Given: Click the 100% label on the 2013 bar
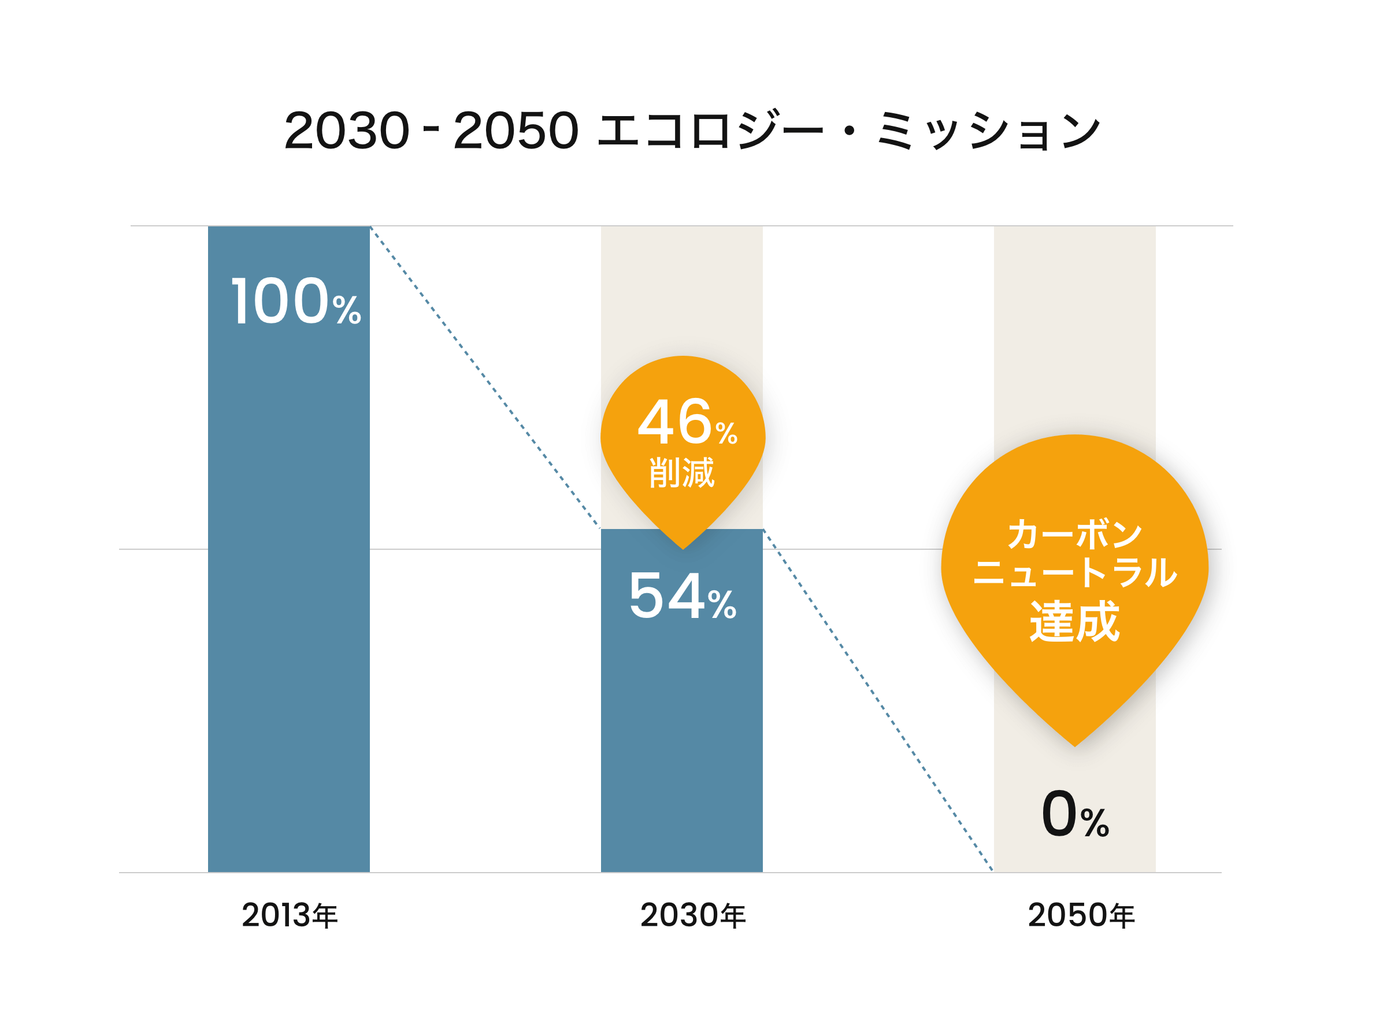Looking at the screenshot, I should click(x=296, y=302).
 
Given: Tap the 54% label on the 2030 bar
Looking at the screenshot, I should click(x=683, y=597).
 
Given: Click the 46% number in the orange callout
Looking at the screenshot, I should click(x=687, y=423).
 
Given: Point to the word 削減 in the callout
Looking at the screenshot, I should click(x=683, y=473).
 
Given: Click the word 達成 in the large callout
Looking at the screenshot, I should click(x=1075, y=621).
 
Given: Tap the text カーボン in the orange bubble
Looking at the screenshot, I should click(x=1075, y=534).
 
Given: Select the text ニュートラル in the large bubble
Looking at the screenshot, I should click(x=1075, y=572).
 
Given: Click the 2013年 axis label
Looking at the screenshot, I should click(x=290, y=915).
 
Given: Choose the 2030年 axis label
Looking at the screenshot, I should click(x=693, y=915).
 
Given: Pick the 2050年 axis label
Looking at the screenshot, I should click(x=1081, y=915).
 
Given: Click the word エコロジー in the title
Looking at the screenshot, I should click(x=710, y=131).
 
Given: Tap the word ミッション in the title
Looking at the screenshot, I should click(x=989, y=131).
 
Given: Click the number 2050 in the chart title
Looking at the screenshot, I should click(x=516, y=131).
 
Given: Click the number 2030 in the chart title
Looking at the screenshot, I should click(x=347, y=131).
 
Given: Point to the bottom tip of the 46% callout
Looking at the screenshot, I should click(x=683, y=547).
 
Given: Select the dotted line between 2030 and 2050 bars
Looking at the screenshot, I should click(x=878, y=700).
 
